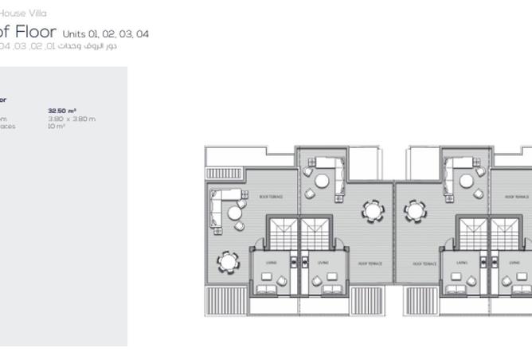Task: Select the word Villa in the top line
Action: (36, 14)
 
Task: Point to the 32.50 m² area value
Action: (62, 111)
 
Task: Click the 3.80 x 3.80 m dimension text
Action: (72, 119)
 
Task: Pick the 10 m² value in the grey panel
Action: (57, 126)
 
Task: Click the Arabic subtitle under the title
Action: (88, 45)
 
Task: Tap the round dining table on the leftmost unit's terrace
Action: (228, 260)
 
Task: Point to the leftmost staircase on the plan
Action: (280, 233)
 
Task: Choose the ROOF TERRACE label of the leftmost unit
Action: (271, 197)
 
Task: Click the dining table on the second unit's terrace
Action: (373, 211)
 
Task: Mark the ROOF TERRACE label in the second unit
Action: (370, 264)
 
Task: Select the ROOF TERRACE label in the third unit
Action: (424, 264)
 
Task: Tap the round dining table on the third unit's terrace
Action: (416, 211)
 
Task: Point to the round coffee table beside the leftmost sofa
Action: (235, 213)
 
